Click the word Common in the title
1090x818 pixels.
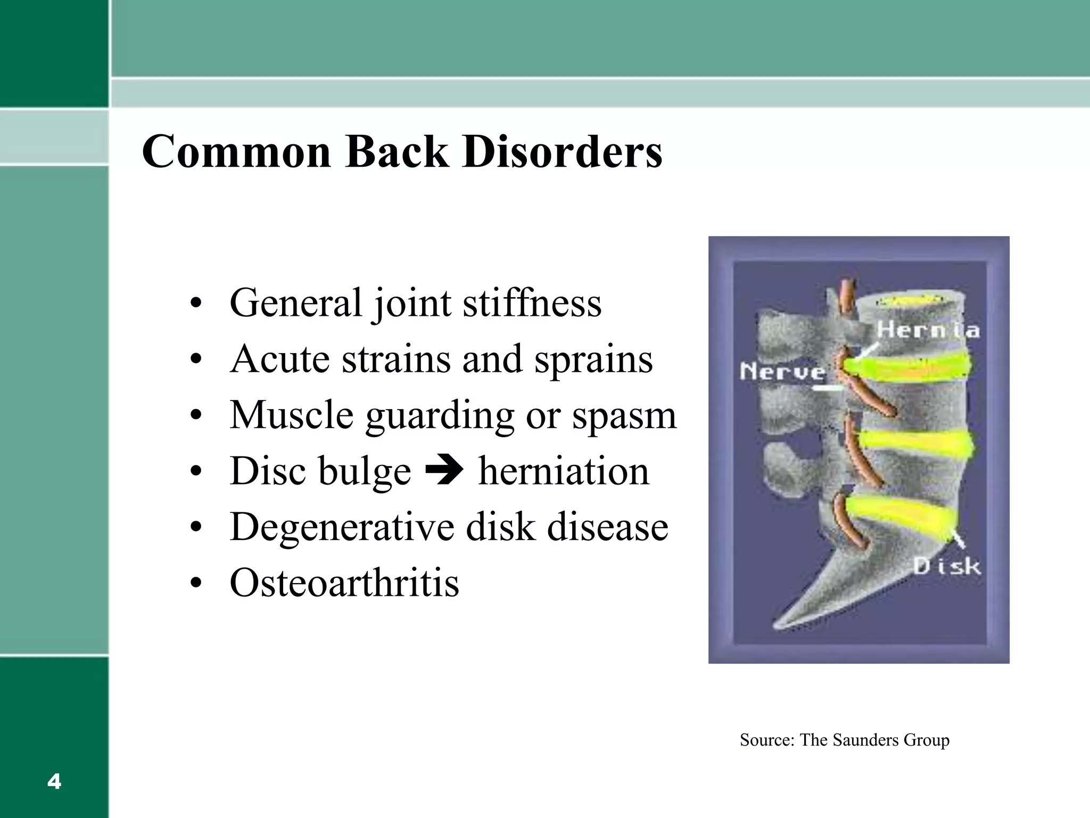pyautogui.click(x=237, y=152)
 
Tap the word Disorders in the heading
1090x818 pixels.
pyautogui.click(x=562, y=152)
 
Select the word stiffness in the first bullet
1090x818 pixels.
pyautogui.click(x=532, y=302)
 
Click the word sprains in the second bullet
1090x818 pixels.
pyautogui.click(x=593, y=359)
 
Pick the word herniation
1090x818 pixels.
pyautogui.click(x=564, y=471)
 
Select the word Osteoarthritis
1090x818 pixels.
pyautogui.click(x=344, y=583)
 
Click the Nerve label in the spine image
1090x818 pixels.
pyautogui.click(x=782, y=371)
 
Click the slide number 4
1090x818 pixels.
pyautogui.click(x=54, y=782)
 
